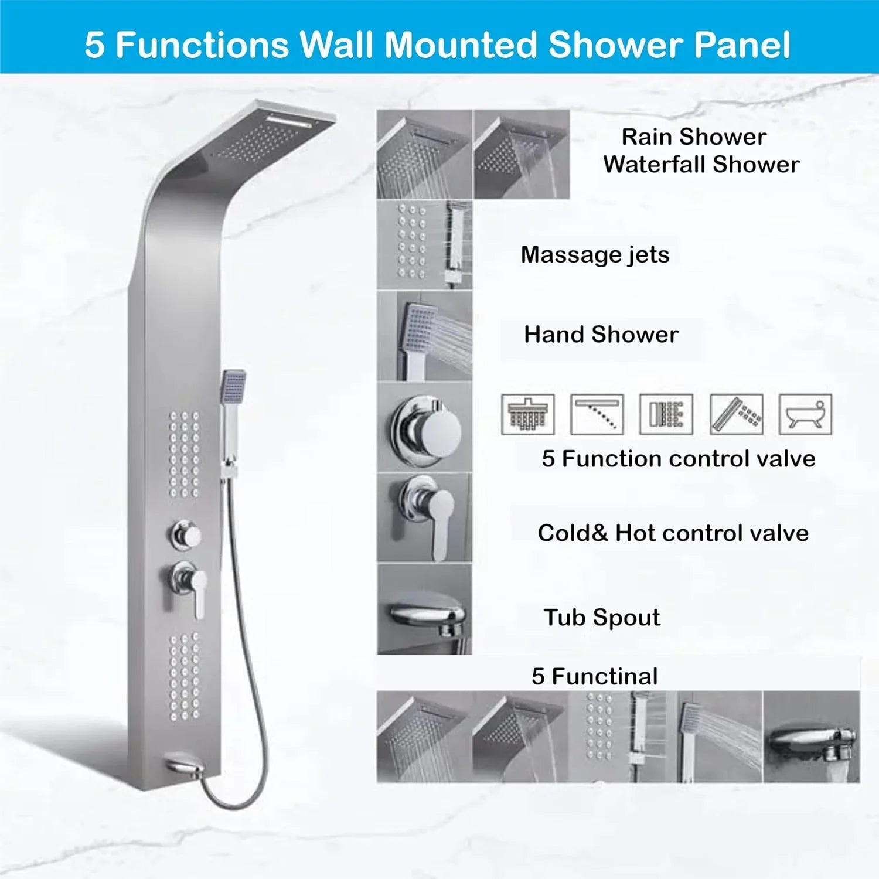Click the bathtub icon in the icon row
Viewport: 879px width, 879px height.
point(805,414)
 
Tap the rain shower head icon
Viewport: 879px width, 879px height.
point(527,414)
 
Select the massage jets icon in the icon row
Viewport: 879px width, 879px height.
point(666,414)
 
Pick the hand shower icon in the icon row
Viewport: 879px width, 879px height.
point(736,414)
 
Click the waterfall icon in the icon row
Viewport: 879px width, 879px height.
point(597,414)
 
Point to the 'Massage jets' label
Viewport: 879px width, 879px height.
point(595,255)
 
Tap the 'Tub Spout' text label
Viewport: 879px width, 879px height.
point(601,618)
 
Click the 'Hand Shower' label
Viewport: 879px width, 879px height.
point(601,335)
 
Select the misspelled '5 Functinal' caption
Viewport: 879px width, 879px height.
point(594,676)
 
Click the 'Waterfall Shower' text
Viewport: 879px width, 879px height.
point(701,165)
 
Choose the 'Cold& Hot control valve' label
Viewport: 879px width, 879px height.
point(673,533)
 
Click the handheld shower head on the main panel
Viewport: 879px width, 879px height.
point(233,387)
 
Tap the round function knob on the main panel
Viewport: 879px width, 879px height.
point(187,534)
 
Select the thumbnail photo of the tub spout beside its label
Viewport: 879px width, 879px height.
point(425,609)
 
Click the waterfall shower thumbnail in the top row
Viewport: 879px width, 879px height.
point(522,155)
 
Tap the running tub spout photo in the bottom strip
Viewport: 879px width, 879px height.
point(811,737)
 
